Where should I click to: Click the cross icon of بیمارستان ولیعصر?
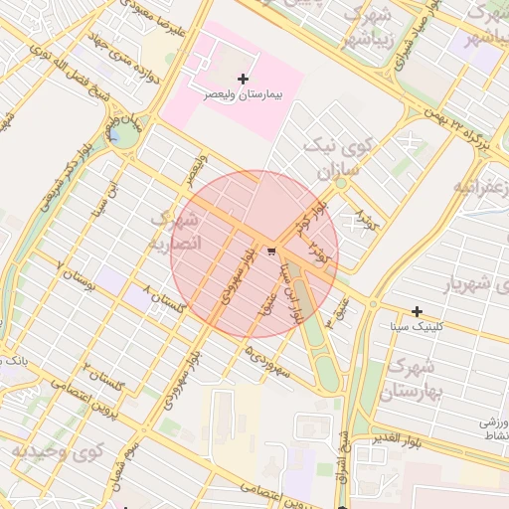[244, 78]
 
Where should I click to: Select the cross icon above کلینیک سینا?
[417, 312]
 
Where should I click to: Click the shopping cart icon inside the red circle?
[271, 251]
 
